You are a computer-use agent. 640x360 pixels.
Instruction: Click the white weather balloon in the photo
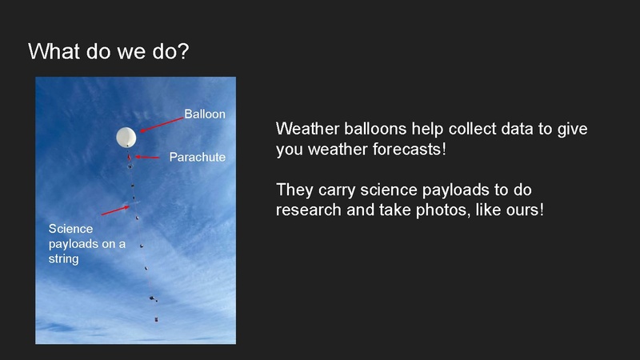[x=126, y=138]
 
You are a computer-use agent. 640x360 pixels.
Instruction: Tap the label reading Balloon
[x=205, y=114]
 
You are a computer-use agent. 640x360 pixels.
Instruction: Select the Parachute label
[x=197, y=157]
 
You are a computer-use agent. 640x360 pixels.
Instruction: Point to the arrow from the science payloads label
[x=116, y=210]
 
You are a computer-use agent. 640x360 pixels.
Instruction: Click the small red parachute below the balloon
[x=129, y=157]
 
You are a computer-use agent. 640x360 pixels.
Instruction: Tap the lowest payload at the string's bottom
[x=155, y=319]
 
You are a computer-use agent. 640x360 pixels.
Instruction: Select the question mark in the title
[x=184, y=52]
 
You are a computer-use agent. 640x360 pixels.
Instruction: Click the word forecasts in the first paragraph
[x=407, y=150]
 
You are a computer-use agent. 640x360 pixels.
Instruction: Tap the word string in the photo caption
[x=64, y=258]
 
